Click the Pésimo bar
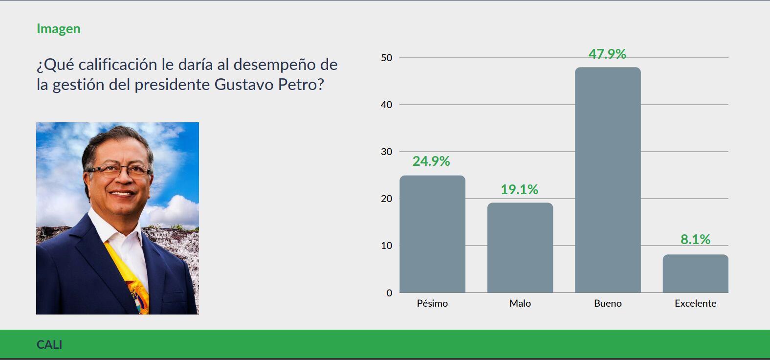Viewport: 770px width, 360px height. pos(432,234)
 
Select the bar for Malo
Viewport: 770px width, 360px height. pos(520,247)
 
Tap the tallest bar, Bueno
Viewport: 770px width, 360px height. pos(608,180)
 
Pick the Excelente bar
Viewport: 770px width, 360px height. pos(695,274)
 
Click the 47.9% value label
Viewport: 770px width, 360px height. pos(607,54)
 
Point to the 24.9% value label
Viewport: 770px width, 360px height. pos(431,161)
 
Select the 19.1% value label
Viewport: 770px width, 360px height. pos(519,189)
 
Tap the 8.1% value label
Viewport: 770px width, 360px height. pos(695,239)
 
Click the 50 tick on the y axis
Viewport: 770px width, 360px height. pos(386,58)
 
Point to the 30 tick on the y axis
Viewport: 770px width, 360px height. pos(386,152)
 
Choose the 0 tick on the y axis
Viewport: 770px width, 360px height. pos(389,293)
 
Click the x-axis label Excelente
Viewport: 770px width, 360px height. pos(695,303)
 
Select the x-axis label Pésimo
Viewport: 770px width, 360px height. pos(432,303)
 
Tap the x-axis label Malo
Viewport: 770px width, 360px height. pos(520,303)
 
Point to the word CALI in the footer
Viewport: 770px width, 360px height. pos(49,344)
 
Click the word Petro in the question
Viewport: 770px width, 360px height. pos(301,85)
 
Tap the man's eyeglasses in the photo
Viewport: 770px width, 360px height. pos(119,171)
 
